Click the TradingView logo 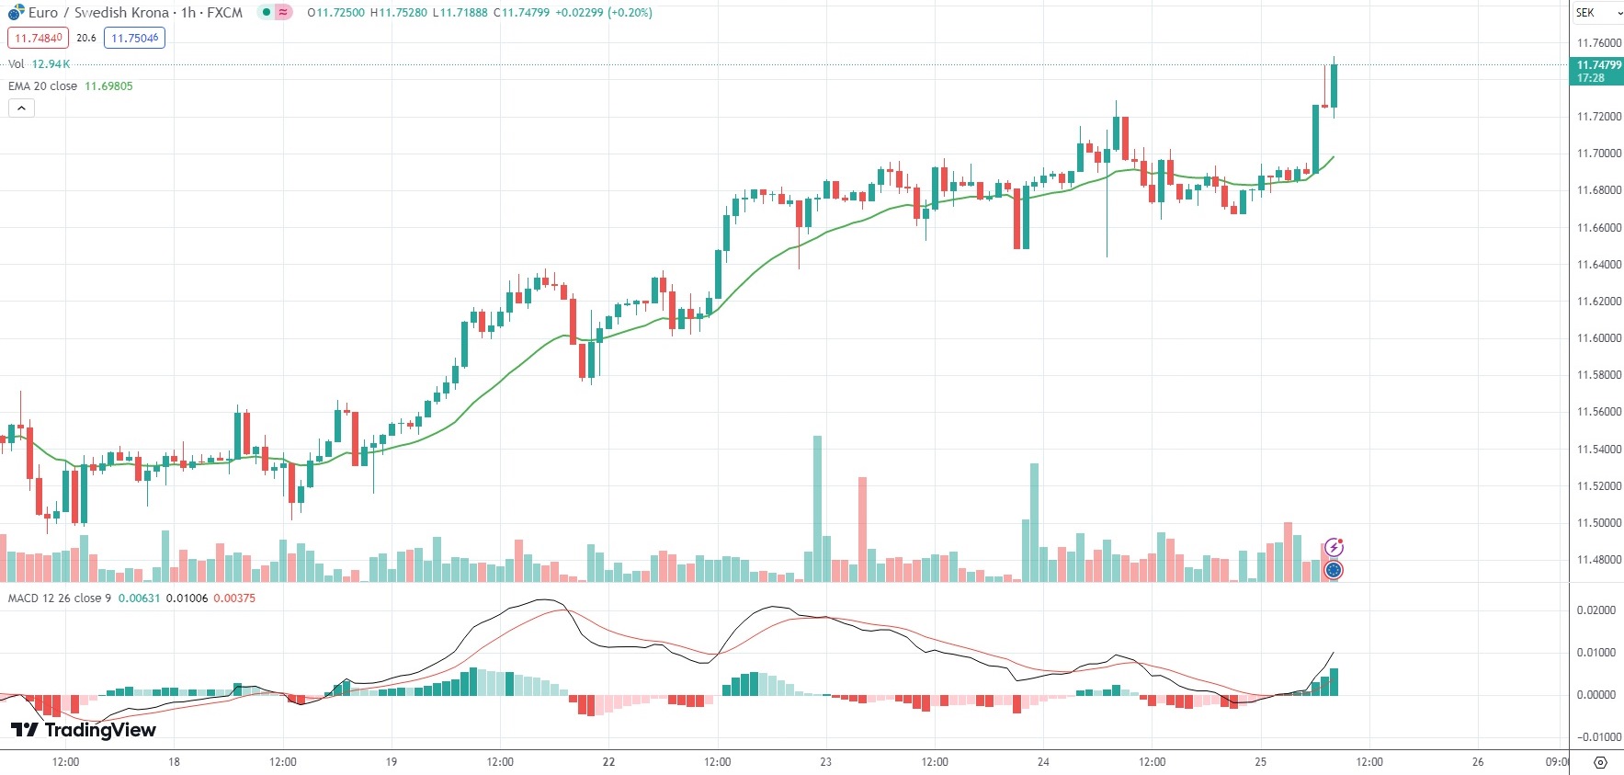coord(83,730)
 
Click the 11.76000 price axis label coord(1598,43)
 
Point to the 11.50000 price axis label coord(1598,523)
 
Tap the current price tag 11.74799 coord(1598,65)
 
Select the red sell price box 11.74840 coord(39,38)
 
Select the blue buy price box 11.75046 coord(134,38)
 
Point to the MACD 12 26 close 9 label coord(59,598)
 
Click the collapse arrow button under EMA coord(21,108)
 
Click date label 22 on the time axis coord(608,762)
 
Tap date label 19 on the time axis coord(391,762)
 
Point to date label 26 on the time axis coord(1477,762)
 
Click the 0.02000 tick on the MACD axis coord(1596,610)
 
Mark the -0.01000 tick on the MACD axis coord(1596,737)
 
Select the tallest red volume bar coord(862,529)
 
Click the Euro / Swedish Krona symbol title coord(98,13)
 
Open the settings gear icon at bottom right coord(1600,762)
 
